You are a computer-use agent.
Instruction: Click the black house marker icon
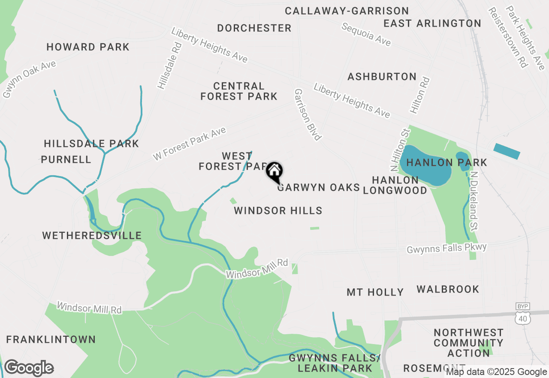tap(274, 172)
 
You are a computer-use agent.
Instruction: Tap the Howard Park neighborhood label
tap(88, 47)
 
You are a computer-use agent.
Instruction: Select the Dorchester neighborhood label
tap(254, 28)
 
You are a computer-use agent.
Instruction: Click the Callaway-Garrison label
tap(347, 11)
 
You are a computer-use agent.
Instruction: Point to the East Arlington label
tap(432, 23)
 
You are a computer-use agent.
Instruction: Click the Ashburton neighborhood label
tap(382, 77)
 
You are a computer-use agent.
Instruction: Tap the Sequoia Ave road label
tap(366, 34)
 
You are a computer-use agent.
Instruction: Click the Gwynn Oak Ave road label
tap(29, 79)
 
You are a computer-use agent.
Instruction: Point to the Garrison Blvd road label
tap(308, 115)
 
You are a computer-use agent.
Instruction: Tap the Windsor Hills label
tap(278, 210)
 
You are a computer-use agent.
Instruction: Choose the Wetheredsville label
tap(92, 235)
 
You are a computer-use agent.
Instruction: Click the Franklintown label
tap(51, 339)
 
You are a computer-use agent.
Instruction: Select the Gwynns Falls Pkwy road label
tap(446, 248)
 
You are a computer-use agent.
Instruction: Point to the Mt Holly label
tap(375, 293)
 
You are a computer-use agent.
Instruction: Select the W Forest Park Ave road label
tap(189, 144)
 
